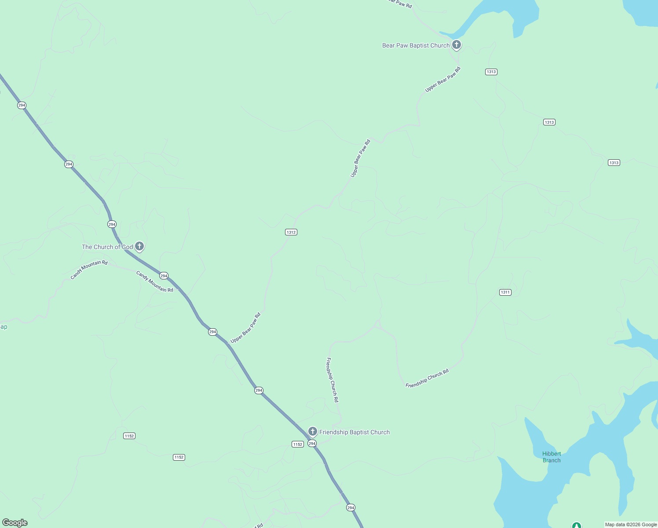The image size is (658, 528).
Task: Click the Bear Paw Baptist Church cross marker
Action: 457,44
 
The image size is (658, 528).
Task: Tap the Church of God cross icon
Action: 139,246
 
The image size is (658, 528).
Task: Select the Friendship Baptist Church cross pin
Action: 313,431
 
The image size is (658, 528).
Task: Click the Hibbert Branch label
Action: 552,457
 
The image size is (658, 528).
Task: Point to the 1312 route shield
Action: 291,232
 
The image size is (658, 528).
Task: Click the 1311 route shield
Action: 505,292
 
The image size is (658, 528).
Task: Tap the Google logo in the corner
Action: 15,523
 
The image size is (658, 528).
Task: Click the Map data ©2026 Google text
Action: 631,524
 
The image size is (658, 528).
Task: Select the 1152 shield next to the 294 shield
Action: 298,444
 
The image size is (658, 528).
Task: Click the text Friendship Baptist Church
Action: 355,432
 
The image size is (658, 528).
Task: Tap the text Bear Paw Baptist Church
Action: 416,45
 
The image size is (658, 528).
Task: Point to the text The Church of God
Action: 107,247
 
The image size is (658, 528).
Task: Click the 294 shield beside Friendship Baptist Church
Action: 312,444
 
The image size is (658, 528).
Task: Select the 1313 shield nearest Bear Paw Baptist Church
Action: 491,72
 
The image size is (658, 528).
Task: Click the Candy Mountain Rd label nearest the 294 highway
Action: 154,282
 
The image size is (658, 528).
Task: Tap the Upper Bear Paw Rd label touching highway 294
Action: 245,328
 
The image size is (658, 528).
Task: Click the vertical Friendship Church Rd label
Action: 332,380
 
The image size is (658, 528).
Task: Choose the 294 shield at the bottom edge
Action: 351,507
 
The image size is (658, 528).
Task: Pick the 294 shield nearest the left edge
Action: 22,105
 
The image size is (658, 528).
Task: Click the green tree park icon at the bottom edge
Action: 576,525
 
